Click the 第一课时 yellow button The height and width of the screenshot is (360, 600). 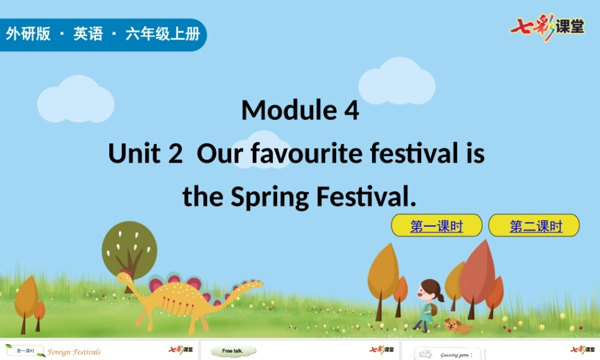pyautogui.click(x=436, y=226)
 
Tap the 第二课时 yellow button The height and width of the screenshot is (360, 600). pyautogui.click(x=534, y=226)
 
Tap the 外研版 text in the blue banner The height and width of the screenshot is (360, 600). pyautogui.click(x=28, y=34)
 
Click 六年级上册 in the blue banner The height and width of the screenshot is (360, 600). pyautogui.click(x=162, y=34)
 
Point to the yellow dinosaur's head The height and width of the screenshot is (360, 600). pyautogui.click(x=124, y=278)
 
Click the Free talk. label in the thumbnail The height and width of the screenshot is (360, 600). pyautogui.click(x=233, y=351)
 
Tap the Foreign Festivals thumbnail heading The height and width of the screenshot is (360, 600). pyautogui.click(x=74, y=352)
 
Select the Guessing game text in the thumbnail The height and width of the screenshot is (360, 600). pyautogui.click(x=455, y=355)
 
